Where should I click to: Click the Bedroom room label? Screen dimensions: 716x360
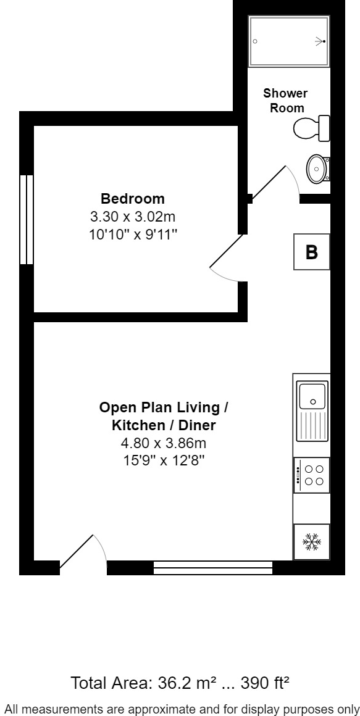coord(133,199)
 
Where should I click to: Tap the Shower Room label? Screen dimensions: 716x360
coord(285,101)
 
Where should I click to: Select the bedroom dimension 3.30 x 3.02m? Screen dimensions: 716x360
coord(133,217)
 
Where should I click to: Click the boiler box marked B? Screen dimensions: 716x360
coord(312,252)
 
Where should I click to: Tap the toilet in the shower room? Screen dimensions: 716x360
coord(312,128)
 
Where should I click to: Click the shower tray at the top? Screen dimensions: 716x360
coord(288,41)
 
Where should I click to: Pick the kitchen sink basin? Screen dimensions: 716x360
coord(313,395)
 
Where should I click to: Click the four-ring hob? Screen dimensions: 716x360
coord(312,475)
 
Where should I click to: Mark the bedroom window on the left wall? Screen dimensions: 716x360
coord(26,219)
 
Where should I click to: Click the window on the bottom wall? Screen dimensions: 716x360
coord(212,567)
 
